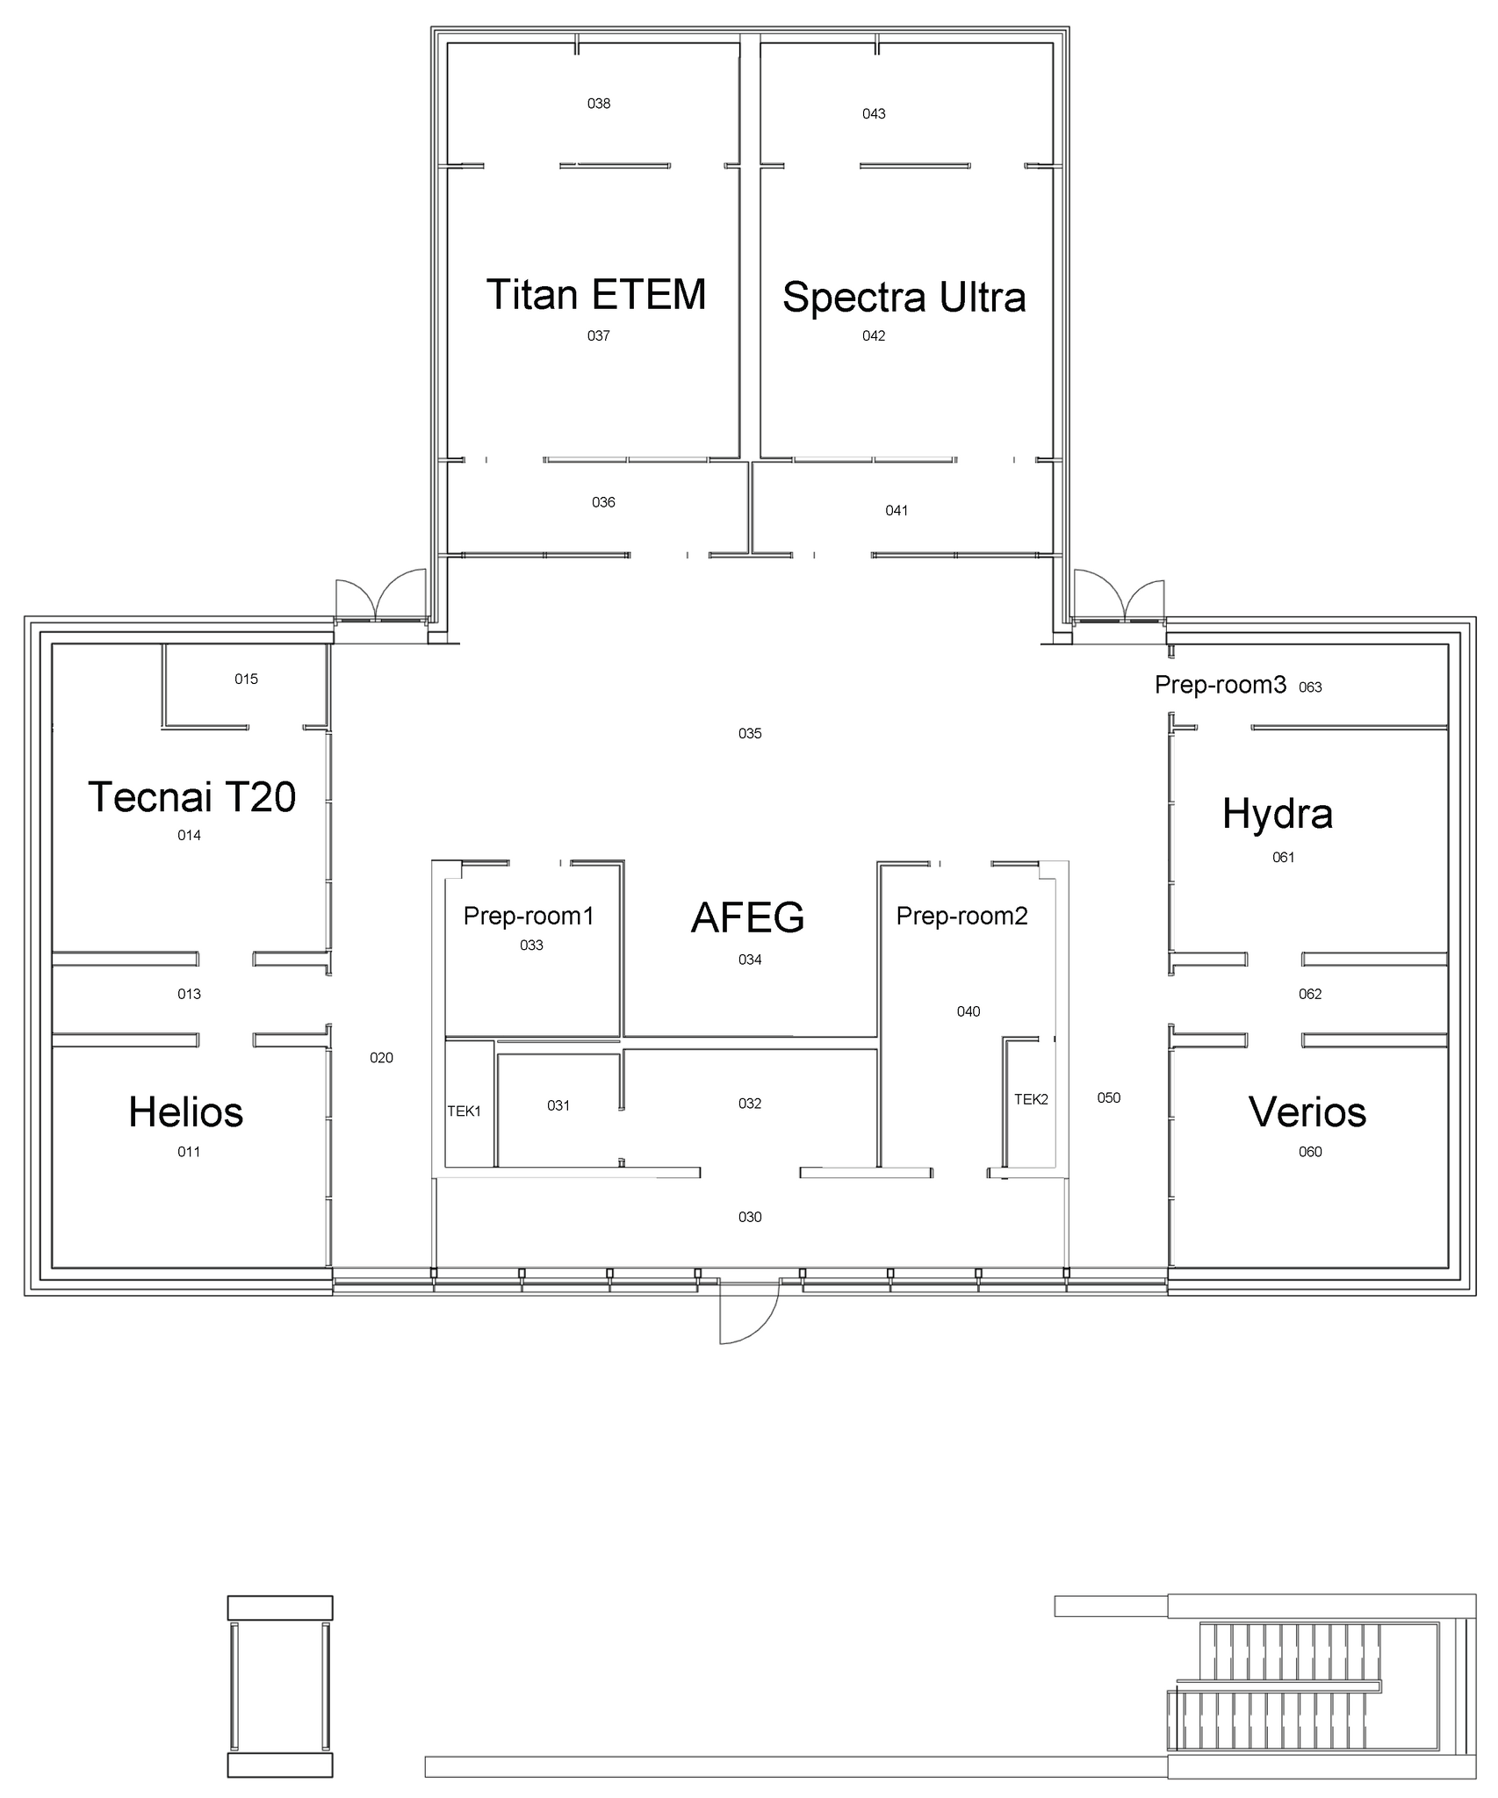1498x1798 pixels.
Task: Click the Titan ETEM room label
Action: tap(596, 295)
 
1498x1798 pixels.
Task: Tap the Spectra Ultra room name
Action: tap(904, 298)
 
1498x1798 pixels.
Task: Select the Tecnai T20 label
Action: tap(192, 797)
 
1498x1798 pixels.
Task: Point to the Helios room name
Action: tap(186, 1112)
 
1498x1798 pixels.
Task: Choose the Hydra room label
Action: tap(1278, 815)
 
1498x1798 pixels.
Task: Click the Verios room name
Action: tap(1307, 1112)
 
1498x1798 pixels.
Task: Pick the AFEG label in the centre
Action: tap(748, 917)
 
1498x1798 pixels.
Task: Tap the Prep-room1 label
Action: tap(529, 917)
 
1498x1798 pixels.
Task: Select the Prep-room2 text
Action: tap(961, 917)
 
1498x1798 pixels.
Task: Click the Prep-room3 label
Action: tap(1221, 685)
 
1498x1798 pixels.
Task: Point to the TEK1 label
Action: tap(465, 1111)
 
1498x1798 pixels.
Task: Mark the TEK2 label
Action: tap(1031, 1099)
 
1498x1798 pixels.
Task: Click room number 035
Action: tap(750, 734)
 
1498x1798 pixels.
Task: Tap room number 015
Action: tap(246, 679)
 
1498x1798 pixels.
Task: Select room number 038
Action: tap(599, 104)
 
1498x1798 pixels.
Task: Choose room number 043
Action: tap(874, 113)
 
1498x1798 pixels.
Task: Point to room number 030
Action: tap(750, 1217)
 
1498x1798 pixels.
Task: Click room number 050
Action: tap(1109, 1097)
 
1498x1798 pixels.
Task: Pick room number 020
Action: tap(381, 1058)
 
